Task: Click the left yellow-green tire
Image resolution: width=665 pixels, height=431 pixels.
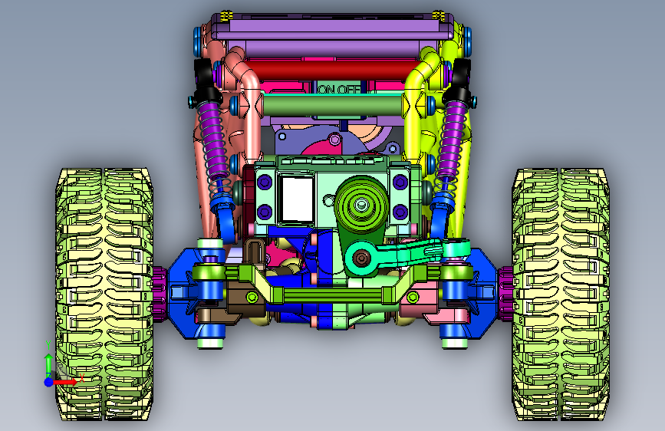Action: click(x=104, y=294)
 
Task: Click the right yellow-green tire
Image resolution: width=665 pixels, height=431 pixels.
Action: click(x=561, y=294)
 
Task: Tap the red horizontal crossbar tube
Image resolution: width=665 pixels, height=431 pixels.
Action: click(x=331, y=69)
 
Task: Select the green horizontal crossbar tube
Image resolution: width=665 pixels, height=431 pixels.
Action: click(x=331, y=104)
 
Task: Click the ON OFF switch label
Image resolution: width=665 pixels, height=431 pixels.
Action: click(x=339, y=89)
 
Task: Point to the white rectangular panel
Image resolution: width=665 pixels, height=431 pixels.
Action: click(x=298, y=199)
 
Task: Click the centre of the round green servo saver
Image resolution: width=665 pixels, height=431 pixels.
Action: click(x=361, y=205)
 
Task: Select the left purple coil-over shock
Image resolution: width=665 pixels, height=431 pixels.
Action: click(x=212, y=140)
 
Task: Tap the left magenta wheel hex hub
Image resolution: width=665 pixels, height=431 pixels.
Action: click(x=160, y=294)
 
